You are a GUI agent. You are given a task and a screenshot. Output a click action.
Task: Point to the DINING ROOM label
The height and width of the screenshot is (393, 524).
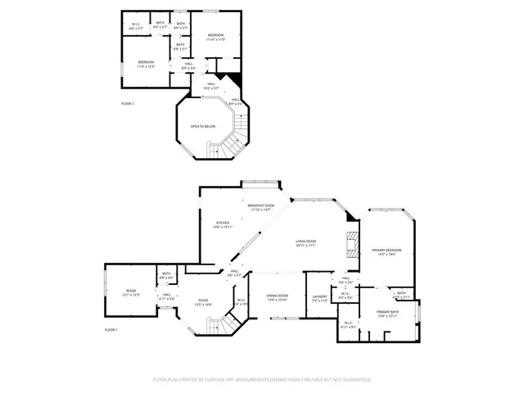point(278,297)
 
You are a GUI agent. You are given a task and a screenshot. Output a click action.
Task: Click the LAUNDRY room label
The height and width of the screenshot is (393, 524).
point(320,299)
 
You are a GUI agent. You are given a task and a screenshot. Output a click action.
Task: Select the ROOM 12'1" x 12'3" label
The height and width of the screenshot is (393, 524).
point(131,292)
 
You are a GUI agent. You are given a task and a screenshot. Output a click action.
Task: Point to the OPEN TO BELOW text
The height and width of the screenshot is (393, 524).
point(203,127)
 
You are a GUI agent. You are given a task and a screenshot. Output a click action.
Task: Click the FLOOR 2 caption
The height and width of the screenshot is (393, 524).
point(127,104)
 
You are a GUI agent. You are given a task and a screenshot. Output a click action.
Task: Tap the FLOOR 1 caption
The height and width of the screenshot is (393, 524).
point(111,329)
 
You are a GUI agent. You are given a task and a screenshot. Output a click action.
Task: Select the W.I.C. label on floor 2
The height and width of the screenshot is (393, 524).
point(138,25)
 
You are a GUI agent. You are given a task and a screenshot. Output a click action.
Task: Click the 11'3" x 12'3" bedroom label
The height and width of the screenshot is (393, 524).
point(147,64)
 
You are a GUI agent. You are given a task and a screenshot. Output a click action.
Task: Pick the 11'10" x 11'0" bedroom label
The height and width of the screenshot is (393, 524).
point(215,37)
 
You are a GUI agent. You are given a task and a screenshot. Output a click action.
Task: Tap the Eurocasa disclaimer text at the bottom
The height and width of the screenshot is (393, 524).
point(262,380)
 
